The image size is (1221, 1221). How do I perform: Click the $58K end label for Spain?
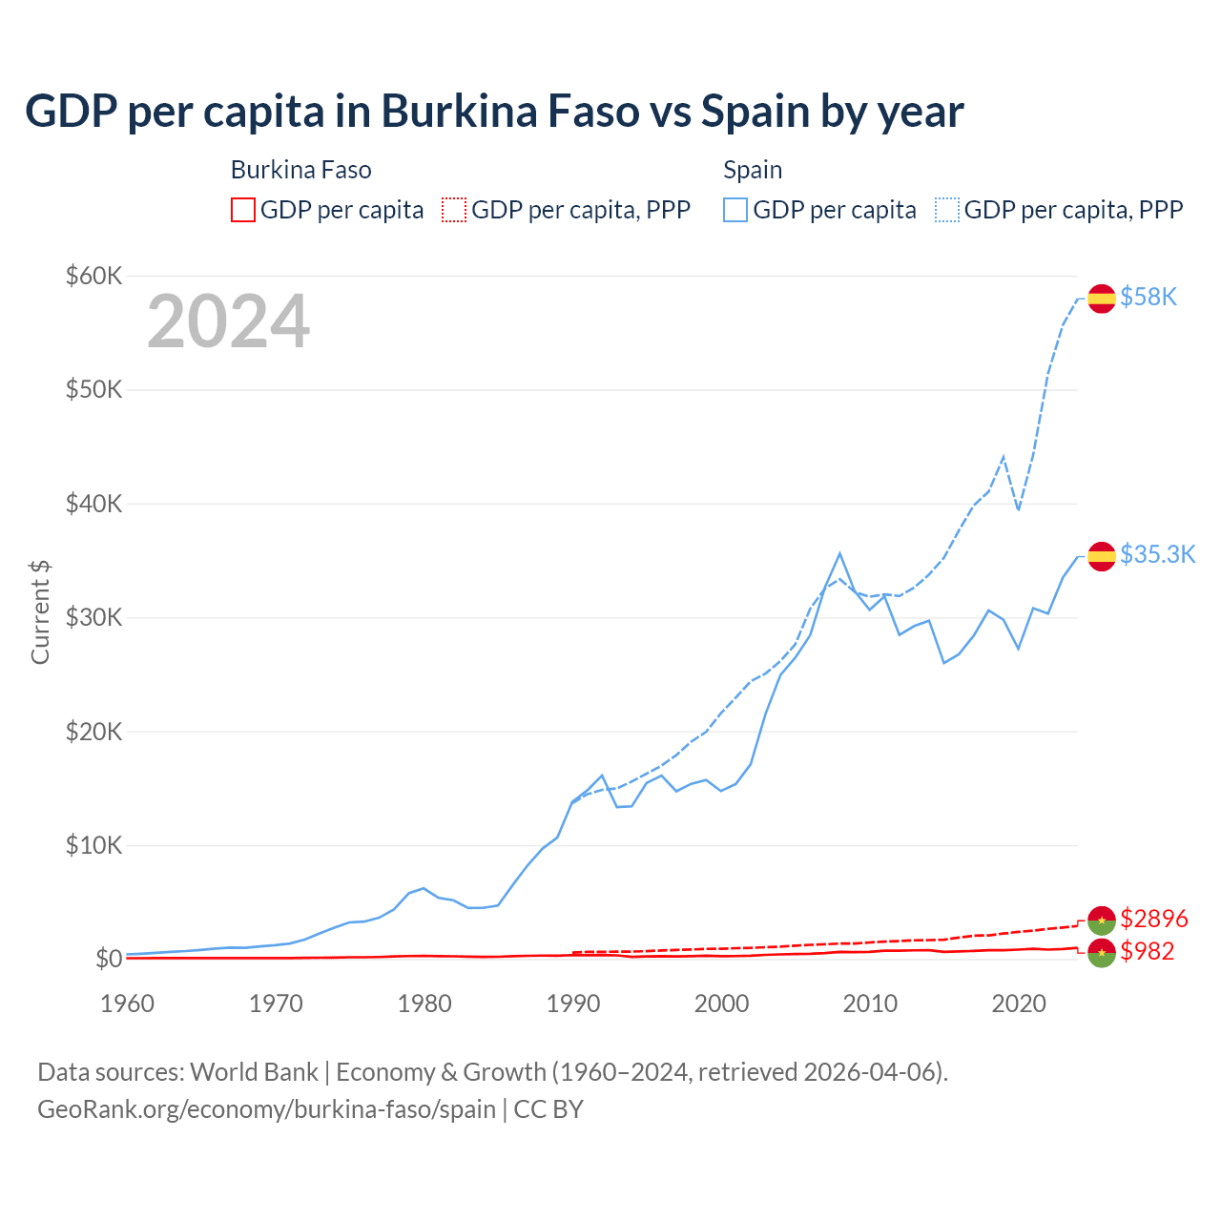pyautogui.click(x=1149, y=298)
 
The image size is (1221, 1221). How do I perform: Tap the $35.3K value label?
pyautogui.click(x=1157, y=555)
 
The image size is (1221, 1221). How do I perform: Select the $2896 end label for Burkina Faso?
pyautogui.click(x=1154, y=919)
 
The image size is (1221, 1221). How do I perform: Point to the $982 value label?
pyautogui.click(x=1147, y=951)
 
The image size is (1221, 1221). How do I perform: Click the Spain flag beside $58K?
pyautogui.click(x=1102, y=299)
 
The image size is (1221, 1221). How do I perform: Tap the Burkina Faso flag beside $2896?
pyautogui.click(x=1102, y=920)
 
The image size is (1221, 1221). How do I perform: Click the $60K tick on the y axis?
pyautogui.click(x=93, y=277)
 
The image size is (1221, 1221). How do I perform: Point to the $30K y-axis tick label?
pyautogui.click(x=93, y=617)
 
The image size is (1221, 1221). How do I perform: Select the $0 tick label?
pyautogui.click(x=109, y=959)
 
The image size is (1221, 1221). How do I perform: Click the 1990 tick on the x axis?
pyautogui.click(x=573, y=1004)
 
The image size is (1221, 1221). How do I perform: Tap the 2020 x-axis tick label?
pyautogui.click(x=1019, y=1004)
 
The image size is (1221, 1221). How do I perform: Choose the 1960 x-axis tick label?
pyautogui.click(x=128, y=1004)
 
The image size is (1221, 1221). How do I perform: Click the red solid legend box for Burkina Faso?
pyautogui.click(x=243, y=210)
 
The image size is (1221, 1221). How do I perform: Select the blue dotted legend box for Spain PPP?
pyautogui.click(x=947, y=210)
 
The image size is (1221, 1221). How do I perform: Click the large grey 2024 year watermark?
pyautogui.click(x=228, y=321)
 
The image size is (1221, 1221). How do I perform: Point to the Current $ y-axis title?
pyautogui.click(x=40, y=612)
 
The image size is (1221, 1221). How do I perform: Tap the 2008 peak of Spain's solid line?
pyautogui.click(x=839, y=553)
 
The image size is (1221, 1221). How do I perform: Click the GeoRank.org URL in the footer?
pyautogui.click(x=266, y=1109)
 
